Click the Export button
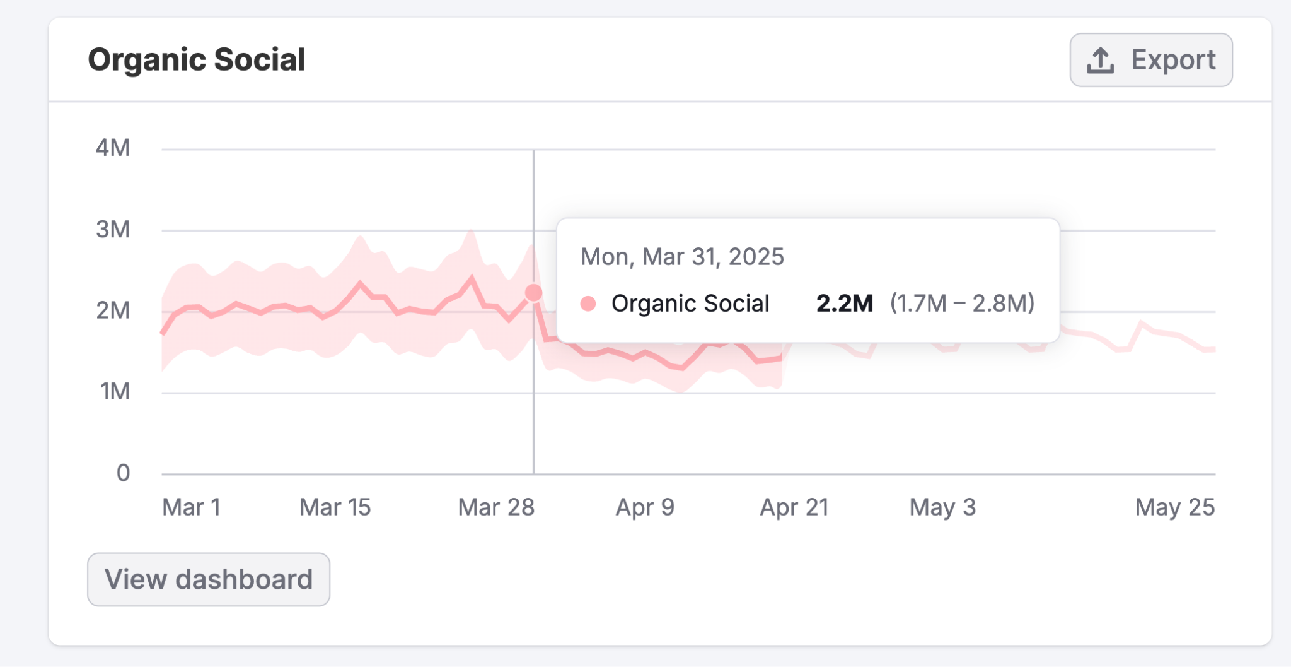(1150, 60)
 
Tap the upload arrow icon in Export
(1100, 61)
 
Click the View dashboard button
(209, 579)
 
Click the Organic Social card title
(196, 60)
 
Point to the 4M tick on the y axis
(113, 148)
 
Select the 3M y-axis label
(113, 229)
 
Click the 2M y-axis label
(113, 310)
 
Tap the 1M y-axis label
(115, 391)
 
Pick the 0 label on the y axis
(123, 473)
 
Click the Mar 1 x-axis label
(191, 507)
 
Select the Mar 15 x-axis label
(335, 507)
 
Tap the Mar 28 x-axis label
(496, 507)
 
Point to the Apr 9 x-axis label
(645, 507)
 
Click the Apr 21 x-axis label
(794, 507)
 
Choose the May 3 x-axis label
(942, 507)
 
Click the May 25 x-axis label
(1174, 507)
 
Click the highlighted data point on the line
(533, 293)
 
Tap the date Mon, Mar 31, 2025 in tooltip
(682, 257)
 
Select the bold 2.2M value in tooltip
(844, 304)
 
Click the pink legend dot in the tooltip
(588, 304)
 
